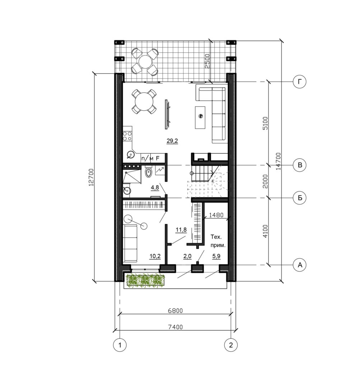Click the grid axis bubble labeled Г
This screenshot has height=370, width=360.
(x=299, y=82)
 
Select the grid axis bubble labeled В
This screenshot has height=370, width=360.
(x=299, y=165)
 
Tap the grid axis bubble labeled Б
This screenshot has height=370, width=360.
(x=299, y=198)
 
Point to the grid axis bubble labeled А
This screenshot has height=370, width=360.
(x=299, y=265)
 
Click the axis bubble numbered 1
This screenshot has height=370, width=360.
(x=120, y=345)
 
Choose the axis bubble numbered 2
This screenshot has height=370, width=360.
(x=230, y=345)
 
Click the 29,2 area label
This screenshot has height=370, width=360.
(x=172, y=141)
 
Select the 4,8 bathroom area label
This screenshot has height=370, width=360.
(x=155, y=188)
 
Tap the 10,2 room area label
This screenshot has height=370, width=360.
(x=155, y=256)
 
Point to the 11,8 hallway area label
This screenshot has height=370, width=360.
(x=181, y=230)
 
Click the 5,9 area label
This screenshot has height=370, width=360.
(x=216, y=256)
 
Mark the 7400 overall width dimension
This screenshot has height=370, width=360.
(x=176, y=327)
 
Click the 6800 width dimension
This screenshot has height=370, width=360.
(x=176, y=310)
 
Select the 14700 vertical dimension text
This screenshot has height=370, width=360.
(x=279, y=161)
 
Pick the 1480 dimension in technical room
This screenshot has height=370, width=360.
(x=216, y=215)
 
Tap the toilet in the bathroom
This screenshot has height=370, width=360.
(x=148, y=172)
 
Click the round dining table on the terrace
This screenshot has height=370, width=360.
(x=145, y=61)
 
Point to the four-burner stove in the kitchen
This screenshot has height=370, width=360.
(x=127, y=135)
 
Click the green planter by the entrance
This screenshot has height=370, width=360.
(x=145, y=280)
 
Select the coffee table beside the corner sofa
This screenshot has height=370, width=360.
(x=200, y=117)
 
